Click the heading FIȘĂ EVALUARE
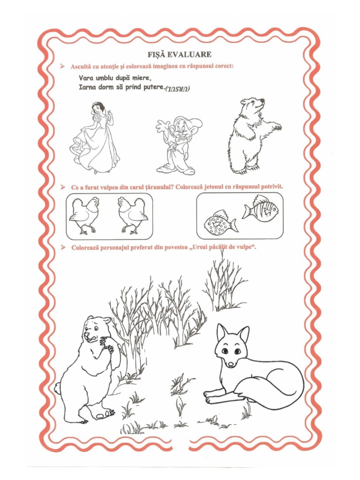pyautogui.click(x=180, y=54)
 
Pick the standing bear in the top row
pyautogui.click(x=254, y=136)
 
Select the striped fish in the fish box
pyautogui.click(x=261, y=209)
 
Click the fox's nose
pyautogui.click(x=230, y=364)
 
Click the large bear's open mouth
pyautogui.click(x=91, y=338)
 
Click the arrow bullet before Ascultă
pyautogui.click(x=63, y=67)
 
